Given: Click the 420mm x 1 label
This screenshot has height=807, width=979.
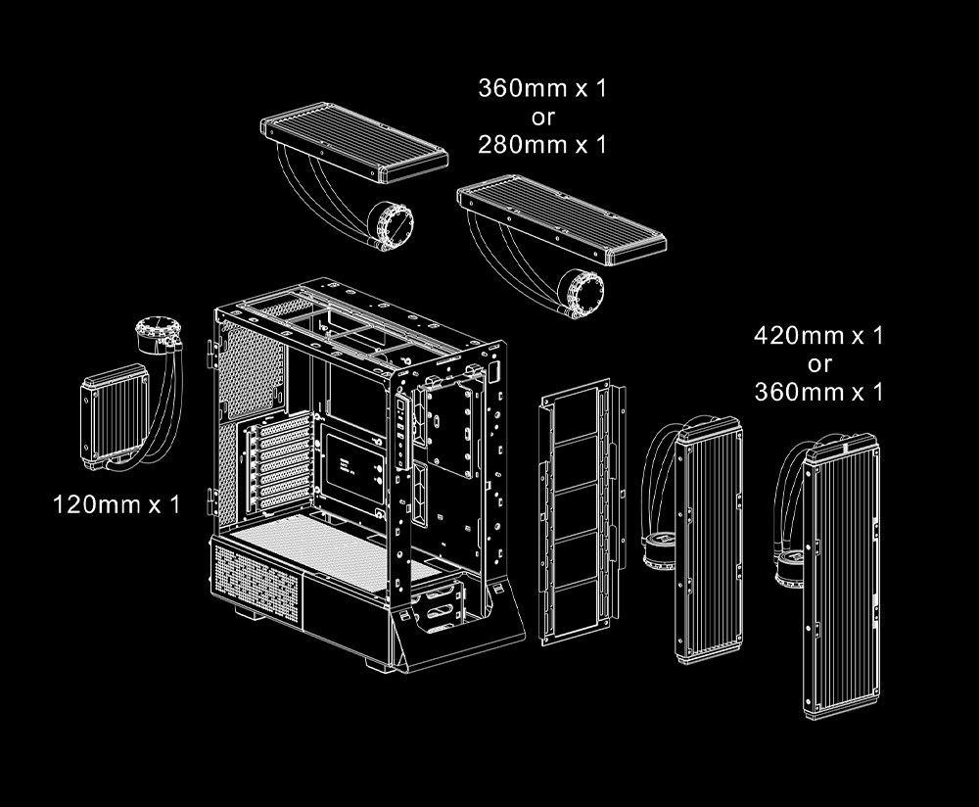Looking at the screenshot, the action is [818, 335].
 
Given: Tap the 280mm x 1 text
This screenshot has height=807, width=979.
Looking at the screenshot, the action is [542, 144].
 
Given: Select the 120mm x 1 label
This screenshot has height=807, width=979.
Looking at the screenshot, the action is [117, 504].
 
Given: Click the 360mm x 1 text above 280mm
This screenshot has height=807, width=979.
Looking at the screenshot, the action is [542, 87].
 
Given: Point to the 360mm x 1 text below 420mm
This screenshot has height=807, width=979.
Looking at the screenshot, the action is [818, 392].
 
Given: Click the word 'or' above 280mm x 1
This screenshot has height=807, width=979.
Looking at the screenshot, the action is [542, 117].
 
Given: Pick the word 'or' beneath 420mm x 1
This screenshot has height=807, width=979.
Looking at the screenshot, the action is [819, 364].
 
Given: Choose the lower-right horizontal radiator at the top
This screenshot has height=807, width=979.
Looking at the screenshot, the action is [562, 219].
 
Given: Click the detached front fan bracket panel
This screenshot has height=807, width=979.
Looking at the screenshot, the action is [582, 511].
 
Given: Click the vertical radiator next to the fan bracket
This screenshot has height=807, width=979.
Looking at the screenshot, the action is [709, 539].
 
